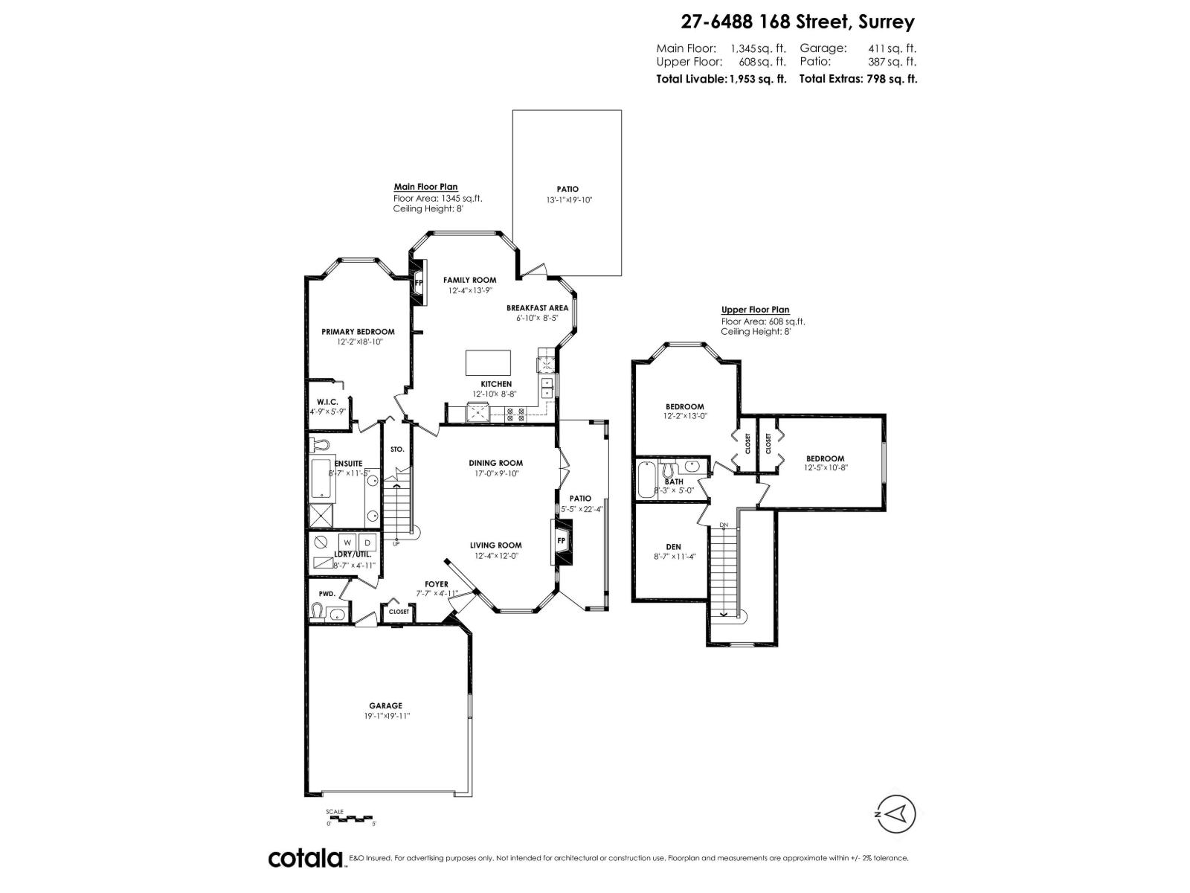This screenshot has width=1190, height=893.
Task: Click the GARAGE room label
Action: click(x=385, y=705)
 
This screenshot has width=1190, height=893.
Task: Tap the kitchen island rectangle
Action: click(x=489, y=362)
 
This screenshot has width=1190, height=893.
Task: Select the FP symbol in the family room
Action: click(x=419, y=282)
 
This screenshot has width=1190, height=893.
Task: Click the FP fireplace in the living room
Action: click(x=562, y=540)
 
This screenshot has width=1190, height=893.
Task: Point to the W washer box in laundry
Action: click(x=347, y=542)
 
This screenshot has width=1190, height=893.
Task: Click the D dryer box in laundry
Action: click(x=367, y=542)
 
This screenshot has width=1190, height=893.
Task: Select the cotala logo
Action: click(x=305, y=858)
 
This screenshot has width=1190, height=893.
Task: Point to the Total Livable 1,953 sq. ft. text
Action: click(x=721, y=79)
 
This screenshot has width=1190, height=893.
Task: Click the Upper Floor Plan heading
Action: click(x=755, y=310)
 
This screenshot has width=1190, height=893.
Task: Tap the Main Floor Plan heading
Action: click(x=425, y=187)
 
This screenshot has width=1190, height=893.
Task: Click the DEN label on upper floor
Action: click(x=672, y=547)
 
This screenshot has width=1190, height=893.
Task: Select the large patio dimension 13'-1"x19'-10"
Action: click(x=568, y=200)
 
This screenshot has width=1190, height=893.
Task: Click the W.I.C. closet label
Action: click(x=327, y=402)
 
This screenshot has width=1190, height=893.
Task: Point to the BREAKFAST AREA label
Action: click(x=537, y=307)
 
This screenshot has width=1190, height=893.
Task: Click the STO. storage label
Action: click(x=397, y=449)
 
